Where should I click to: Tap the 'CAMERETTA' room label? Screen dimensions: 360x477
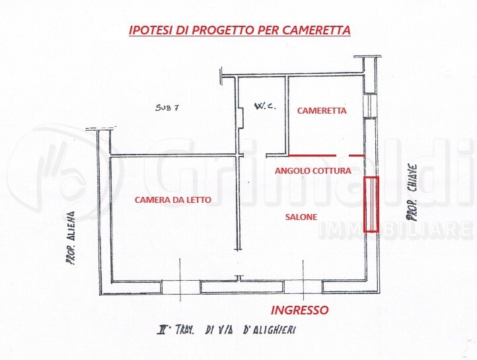coord(322,111)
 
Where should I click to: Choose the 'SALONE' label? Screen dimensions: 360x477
coord(301,217)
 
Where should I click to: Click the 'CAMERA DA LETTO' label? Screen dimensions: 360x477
coord(173,199)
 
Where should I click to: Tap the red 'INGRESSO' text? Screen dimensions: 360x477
coord(301,310)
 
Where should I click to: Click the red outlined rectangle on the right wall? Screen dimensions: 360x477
coord(372,205)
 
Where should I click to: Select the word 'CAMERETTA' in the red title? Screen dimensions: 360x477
coord(317,30)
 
